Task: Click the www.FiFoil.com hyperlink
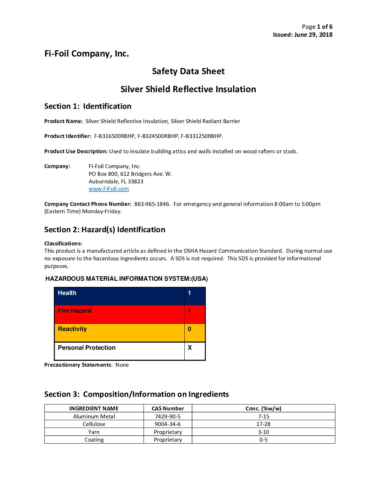(x=108, y=189)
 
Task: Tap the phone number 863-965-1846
(x=152, y=204)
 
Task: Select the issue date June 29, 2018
(x=313, y=35)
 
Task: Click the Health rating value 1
(x=190, y=293)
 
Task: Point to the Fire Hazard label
(x=74, y=311)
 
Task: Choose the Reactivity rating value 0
(x=190, y=329)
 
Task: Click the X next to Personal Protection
(x=190, y=348)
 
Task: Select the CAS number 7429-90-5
(x=168, y=417)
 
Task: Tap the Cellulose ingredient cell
(x=94, y=424)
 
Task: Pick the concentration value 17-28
(x=263, y=424)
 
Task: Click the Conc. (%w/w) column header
(x=263, y=409)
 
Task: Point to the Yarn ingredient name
(x=94, y=432)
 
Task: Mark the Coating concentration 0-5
(x=263, y=440)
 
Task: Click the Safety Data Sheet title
(x=188, y=71)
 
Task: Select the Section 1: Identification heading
(x=88, y=106)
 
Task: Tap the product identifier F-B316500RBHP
(x=114, y=136)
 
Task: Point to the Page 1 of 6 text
(x=317, y=27)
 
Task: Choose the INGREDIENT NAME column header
(x=94, y=409)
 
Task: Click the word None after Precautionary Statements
(x=122, y=365)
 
